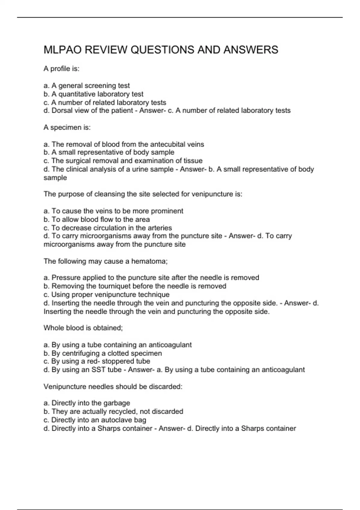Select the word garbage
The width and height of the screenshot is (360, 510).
coord(116,403)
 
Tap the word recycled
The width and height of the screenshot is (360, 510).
coord(123,412)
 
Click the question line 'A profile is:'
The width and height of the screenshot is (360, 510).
coord(61,69)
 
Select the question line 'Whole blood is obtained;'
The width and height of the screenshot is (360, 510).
coord(83,328)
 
